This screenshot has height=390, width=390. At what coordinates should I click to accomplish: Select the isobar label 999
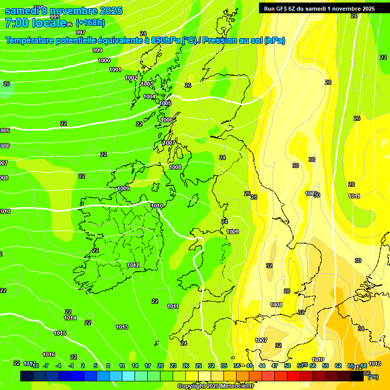(97, 50)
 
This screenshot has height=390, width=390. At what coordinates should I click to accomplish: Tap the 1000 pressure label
(104, 60)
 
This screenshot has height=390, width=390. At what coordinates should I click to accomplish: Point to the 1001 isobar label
(115, 70)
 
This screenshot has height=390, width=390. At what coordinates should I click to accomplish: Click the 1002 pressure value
(131, 78)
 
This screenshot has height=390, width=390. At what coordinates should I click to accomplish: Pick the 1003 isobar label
(147, 84)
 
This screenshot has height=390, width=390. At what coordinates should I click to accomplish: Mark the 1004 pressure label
(149, 96)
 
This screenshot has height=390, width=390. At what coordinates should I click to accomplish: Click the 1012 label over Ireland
(133, 265)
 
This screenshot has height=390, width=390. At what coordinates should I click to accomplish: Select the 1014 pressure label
(70, 318)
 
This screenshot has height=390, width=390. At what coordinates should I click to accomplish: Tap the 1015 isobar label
(60, 333)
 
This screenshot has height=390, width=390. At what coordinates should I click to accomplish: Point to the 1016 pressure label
(49, 354)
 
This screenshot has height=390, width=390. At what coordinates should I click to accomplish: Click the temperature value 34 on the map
(361, 329)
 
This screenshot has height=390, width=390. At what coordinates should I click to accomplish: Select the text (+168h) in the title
(90, 23)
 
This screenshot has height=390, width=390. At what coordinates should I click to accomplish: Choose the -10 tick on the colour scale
(34, 366)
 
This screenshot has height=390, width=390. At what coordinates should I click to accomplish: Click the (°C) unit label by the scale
(372, 377)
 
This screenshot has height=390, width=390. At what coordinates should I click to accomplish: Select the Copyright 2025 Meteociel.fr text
(215, 386)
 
